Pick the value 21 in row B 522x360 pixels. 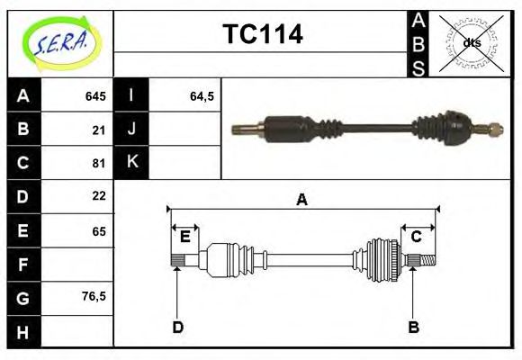tap(99, 130)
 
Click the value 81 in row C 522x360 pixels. tap(99, 164)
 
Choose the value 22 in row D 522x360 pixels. tap(99, 195)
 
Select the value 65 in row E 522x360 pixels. tap(99, 231)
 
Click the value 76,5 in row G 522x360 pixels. tap(94, 296)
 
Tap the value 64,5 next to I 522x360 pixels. tap(201, 96)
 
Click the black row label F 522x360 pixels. tap(22, 265)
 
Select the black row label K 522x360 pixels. tap(131, 163)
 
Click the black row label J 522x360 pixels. tap(131, 130)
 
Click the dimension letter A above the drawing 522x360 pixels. tap(301, 200)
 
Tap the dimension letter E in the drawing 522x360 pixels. tap(184, 237)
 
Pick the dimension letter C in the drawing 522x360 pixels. tap(417, 237)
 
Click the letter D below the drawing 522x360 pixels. tap(177, 327)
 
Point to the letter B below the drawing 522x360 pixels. tap(413, 327)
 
